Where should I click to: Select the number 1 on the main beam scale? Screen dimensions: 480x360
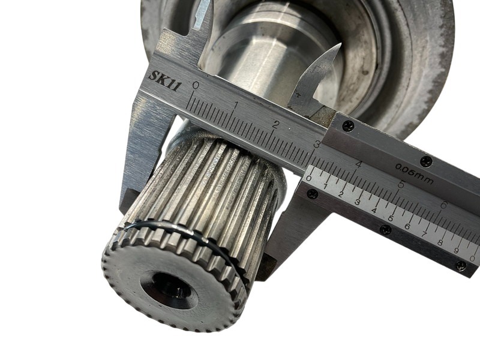(236, 106)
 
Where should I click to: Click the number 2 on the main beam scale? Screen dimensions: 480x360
(277, 125)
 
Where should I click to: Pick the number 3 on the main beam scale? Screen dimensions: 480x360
(317, 143)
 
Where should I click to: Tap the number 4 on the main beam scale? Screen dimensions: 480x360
(358, 164)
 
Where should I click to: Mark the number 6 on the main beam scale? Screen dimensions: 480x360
(443, 205)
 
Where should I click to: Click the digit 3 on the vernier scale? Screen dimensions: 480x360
(357, 202)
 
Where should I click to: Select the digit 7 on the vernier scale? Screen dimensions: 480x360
(424, 235)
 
